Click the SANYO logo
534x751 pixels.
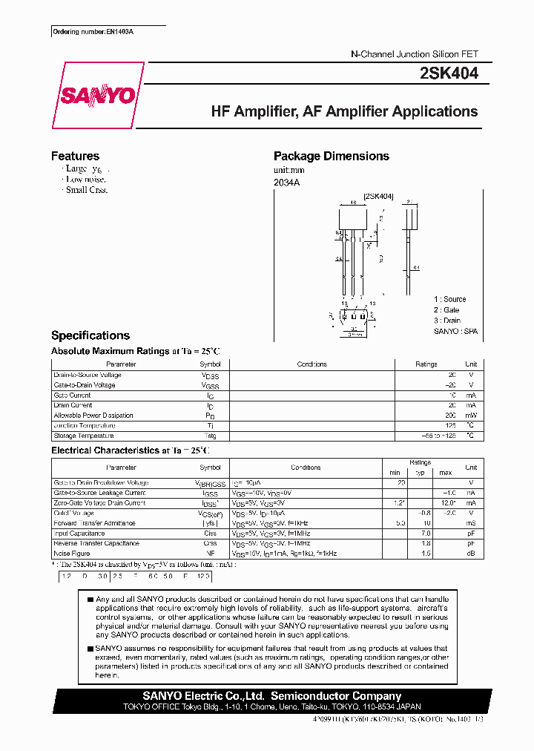coord(98,96)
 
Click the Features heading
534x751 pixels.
coord(75,156)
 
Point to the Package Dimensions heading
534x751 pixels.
coord(331,156)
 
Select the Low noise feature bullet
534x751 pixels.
coord(85,180)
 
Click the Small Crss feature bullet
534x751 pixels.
coord(87,190)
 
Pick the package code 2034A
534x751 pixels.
coord(287,182)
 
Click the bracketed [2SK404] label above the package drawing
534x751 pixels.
coord(378,196)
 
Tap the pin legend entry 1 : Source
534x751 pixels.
coord(450,299)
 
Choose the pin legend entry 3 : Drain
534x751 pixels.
coord(448,320)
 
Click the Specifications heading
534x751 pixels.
coord(90,335)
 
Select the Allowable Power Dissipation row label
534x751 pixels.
coord(93,416)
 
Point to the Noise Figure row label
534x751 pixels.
coord(73,554)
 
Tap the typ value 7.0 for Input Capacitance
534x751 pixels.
coord(426,533)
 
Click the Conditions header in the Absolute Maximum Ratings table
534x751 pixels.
coord(311,364)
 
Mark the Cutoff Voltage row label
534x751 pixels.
coord(74,513)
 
